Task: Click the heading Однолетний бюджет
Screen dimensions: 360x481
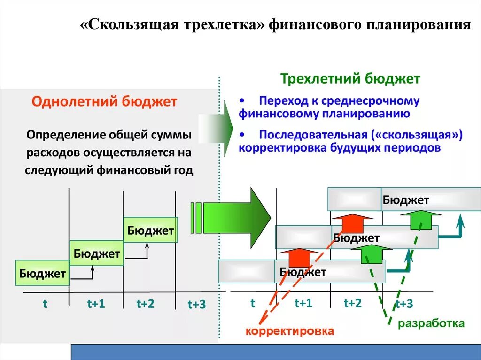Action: point(104,101)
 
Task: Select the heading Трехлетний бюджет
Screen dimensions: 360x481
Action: point(350,78)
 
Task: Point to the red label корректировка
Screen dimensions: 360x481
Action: point(290,331)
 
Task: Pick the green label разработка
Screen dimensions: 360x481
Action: point(431,323)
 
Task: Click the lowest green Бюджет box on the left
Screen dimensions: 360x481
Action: point(42,273)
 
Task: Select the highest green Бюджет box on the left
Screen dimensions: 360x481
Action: point(150,230)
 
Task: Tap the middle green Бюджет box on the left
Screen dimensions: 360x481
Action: point(96,254)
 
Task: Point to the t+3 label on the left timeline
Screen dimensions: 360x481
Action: point(197,305)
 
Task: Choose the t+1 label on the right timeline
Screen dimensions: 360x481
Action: point(303,303)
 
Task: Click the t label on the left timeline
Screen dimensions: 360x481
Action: point(45,304)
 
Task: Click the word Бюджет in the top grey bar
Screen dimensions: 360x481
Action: point(405,200)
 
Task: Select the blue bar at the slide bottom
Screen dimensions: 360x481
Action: point(276,352)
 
